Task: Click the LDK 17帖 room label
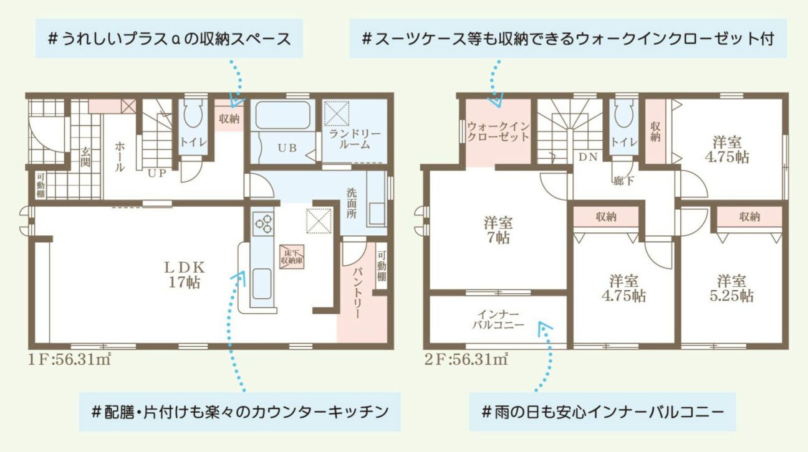pos(185,275)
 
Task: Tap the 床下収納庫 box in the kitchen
pos(292,257)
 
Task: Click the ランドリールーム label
pos(355,139)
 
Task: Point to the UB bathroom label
pos(287,148)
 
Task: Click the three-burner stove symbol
pos(263,224)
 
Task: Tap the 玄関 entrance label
pos(85,157)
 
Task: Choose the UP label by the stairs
pos(157,173)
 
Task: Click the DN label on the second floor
pos(588,157)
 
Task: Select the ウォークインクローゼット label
pos(498,131)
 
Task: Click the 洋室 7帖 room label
pos(498,230)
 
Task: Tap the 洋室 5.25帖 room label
pos(731,288)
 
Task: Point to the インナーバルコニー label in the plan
pos(498,319)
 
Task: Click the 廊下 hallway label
pos(623,181)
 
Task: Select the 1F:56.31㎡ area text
pos(69,359)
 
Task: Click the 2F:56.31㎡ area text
pos(466,359)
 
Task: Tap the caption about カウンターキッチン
pos(240,412)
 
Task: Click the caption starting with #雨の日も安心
pos(602,412)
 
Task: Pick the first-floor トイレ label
pos(193,142)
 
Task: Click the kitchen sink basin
pos(262,284)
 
